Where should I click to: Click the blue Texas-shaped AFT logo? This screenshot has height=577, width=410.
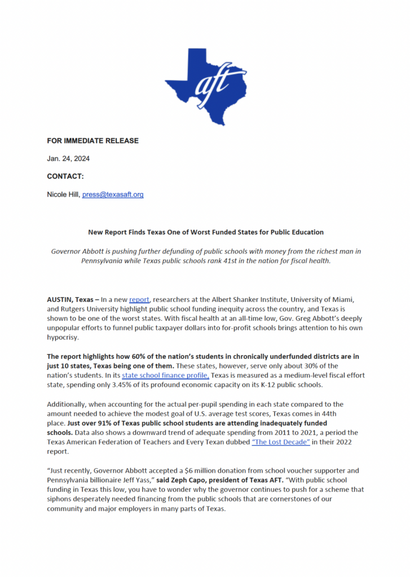coord(205,85)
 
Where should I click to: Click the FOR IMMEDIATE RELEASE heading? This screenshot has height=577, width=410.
coord(92,140)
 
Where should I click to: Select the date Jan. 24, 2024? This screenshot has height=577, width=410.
coord(68,158)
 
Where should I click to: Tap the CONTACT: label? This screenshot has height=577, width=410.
coord(65,176)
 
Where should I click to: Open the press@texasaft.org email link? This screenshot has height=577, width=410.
coord(113,194)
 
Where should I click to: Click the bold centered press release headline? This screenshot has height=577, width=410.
coord(205,232)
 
